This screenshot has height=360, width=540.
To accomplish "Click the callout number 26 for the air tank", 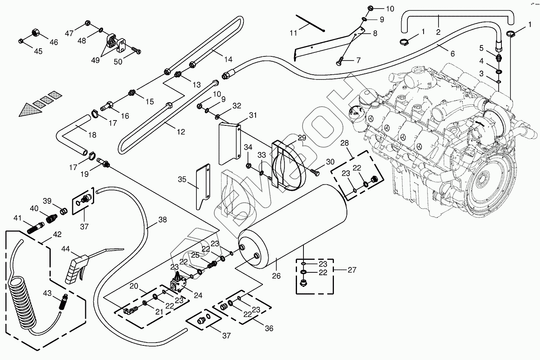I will [x=276, y=276].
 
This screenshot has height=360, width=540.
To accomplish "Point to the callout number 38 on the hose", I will [x=162, y=220].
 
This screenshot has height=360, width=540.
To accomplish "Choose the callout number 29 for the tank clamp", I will [x=302, y=138].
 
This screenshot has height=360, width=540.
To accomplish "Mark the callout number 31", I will [x=253, y=115].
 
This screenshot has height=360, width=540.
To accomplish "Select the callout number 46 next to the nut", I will [x=54, y=42].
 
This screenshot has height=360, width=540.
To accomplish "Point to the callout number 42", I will [x=57, y=234].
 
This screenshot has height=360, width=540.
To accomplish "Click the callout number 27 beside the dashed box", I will [x=352, y=269].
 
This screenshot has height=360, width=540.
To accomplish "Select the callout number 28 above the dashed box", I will [x=344, y=143].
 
